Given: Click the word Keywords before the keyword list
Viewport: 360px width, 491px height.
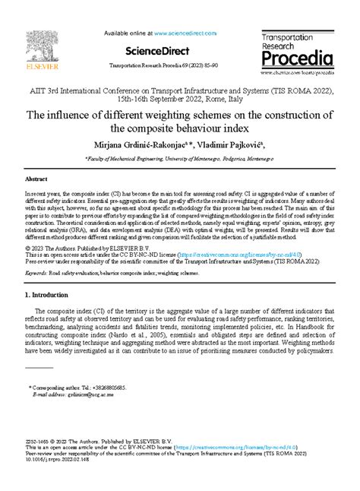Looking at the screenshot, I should pyautogui.click(x=39, y=270).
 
